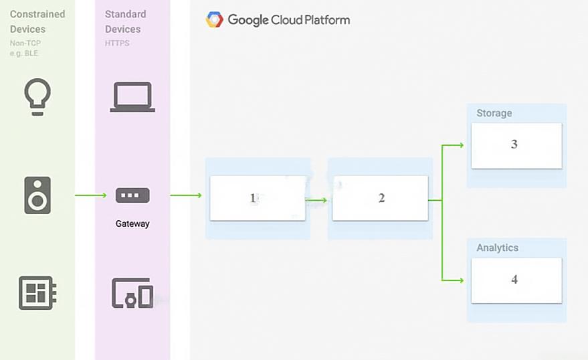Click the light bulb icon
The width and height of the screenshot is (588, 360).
coord(37,97)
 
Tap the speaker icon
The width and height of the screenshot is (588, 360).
coord(37,195)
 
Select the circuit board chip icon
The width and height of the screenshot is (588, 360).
coord(37,293)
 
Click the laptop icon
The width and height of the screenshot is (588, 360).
coord(132,97)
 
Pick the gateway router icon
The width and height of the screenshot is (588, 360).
coord(132,195)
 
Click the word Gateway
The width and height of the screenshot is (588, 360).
coord(132,223)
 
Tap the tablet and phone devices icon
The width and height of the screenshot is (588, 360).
coord(132,293)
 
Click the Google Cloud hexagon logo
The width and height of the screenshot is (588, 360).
coord(215,19)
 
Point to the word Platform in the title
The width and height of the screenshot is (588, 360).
coord(327,19)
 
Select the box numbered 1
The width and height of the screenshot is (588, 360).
coord(258,198)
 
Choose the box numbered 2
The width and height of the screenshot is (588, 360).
coord(380,198)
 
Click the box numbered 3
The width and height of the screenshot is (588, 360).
coord(516,145)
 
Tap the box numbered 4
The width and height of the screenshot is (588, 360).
coord(516,280)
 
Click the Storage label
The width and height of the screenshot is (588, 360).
coord(494,113)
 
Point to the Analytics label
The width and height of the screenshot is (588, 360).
coord(497,248)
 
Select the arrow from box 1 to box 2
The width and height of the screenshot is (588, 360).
coord(316,200)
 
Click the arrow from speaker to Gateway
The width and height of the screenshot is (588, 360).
coord(91,195)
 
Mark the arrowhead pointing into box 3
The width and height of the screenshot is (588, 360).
coord(462,145)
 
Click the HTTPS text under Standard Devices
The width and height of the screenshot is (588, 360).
coord(117,43)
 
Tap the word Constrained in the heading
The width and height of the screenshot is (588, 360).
coord(37,14)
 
